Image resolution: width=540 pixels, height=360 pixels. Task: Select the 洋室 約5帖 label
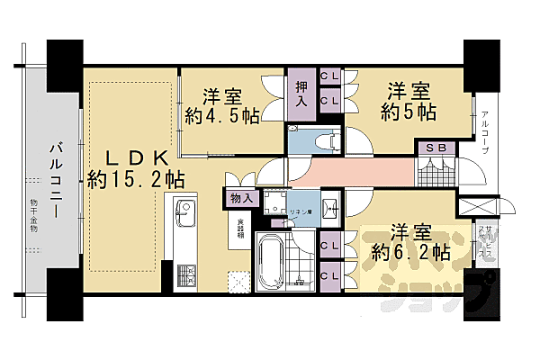click(x=410, y=102)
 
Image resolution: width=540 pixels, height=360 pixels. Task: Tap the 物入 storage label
click(x=241, y=196)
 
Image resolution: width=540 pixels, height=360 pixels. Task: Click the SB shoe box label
click(x=436, y=148)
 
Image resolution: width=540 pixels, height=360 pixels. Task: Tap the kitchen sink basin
click(x=184, y=216)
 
